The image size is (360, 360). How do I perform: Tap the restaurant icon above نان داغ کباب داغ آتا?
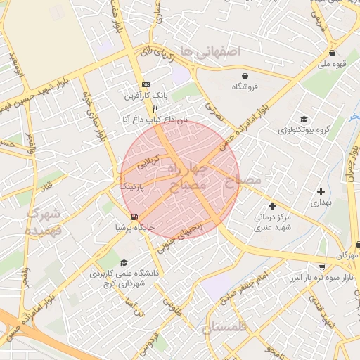click(155, 109)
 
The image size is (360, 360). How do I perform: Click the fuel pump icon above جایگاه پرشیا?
click(134, 217)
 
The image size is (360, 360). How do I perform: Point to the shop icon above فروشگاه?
click(244, 76)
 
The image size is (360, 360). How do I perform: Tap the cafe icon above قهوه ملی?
click(331, 53)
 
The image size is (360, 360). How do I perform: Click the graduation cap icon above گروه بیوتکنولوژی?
click(303, 119)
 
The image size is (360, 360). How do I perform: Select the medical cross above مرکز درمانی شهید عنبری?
click(273, 205)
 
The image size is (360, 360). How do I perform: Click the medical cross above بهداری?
click(321, 191)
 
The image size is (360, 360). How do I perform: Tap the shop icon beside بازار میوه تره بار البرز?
click(322, 267)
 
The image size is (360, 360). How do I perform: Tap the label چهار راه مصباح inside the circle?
click(188, 176)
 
